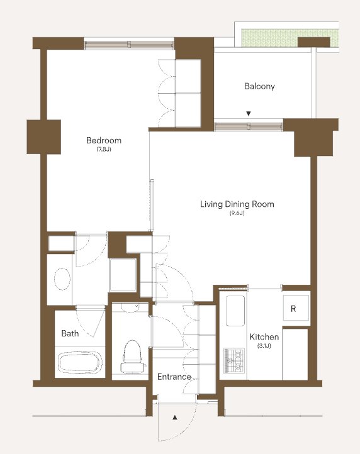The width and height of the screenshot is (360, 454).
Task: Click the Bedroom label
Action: [104, 140]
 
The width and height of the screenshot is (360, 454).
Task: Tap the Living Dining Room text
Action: [237, 204]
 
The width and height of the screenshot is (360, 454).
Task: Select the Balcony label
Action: [259, 86]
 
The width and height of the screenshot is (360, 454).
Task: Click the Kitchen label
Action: [264, 337]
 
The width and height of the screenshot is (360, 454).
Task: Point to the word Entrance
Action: [174, 377]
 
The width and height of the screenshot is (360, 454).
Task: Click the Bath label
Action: [70, 333]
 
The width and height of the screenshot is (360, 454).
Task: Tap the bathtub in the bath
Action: [81, 363]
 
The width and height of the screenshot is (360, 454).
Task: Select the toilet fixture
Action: [133, 357]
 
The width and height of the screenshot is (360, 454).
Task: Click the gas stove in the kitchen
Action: [233, 361]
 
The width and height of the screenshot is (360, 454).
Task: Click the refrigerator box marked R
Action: [296, 307]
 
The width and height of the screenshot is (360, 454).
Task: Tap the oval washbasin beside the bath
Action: [62, 279]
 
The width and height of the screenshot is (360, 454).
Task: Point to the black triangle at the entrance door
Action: [175, 418]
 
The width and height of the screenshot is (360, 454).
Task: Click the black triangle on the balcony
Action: [249, 113]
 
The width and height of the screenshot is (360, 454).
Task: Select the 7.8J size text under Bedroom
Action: [104, 150]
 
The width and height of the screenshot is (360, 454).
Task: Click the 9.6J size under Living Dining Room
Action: [237, 213]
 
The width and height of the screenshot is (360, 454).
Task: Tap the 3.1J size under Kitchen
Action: [264, 346]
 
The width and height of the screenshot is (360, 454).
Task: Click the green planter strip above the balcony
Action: [290, 38]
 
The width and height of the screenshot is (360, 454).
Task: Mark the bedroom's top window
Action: [129, 45]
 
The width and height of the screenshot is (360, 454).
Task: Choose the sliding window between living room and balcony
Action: [249, 127]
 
